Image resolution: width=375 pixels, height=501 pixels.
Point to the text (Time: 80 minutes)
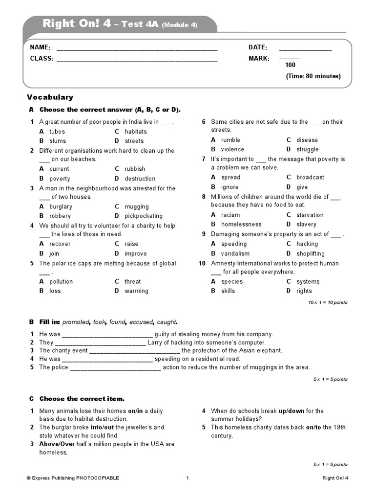(x=313, y=76)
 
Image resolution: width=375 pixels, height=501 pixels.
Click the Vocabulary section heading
(x=50, y=97)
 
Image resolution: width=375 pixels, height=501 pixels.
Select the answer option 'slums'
(x=58, y=141)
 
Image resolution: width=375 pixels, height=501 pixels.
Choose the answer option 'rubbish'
(x=135, y=169)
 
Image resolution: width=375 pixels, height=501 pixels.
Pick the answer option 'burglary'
(x=61, y=206)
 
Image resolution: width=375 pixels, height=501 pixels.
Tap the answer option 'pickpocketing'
(x=144, y=216)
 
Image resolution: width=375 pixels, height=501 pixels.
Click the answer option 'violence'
(x=232, y=149)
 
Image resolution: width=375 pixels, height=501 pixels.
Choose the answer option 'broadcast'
(x=310, y=177)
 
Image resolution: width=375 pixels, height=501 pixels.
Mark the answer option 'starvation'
(x=310, y=215)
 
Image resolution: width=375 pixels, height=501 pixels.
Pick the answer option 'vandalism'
(x=235, y=253)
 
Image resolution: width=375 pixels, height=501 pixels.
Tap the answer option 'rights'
(x=304, y=291)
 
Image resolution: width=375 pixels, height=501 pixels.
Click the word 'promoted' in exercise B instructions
(x=76, y=322)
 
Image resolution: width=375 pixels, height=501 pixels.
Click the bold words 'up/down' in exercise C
(x=292, y=411)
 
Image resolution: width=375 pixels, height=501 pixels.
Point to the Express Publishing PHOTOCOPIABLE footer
(x=73, y=478)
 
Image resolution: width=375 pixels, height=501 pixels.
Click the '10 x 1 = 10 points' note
(x=328, y=302)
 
